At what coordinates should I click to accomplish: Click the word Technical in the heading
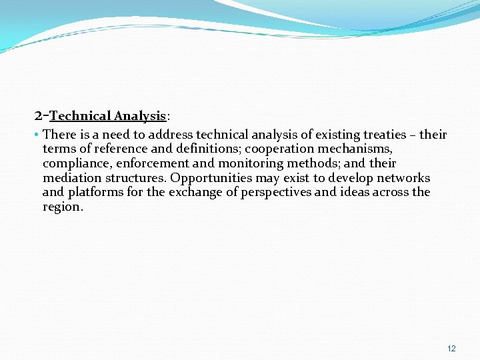pos(80,116)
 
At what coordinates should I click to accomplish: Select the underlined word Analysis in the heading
pos(139,116)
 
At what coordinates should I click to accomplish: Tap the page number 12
pos(451,349)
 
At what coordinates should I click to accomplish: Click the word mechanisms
pos(357,149)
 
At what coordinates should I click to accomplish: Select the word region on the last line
pos(61,207)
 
